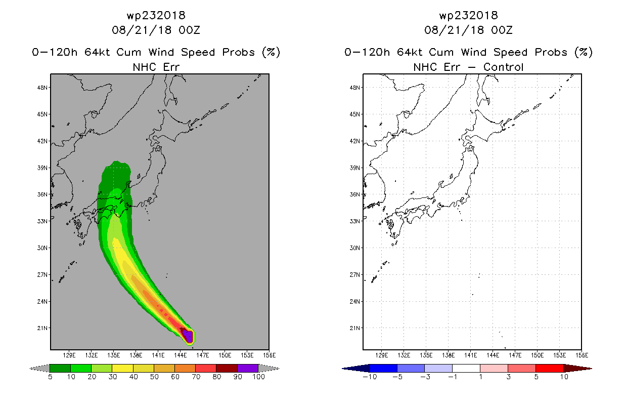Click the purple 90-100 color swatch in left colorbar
point(248,368)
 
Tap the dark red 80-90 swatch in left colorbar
point(227,368)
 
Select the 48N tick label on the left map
point(42,88)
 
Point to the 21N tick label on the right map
point(355,328)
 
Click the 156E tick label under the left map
point(269,355)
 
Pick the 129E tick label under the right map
point(382,355)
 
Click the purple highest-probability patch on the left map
point(188,336)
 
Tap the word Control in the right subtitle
point(503,67)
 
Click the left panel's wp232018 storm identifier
point(156,16)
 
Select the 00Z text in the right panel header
point(502,30)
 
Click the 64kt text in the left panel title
point(97,52)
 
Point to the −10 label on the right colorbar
point(370,377)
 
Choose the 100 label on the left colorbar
point(259,377)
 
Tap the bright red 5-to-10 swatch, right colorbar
point(550,368)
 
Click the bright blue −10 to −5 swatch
point(383,368)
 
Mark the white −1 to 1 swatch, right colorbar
point(466,368)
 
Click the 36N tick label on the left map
point(42,194)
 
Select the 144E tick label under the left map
point(180,355)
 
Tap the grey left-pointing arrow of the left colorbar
point(39,369)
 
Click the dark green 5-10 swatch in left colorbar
point(60,368)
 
